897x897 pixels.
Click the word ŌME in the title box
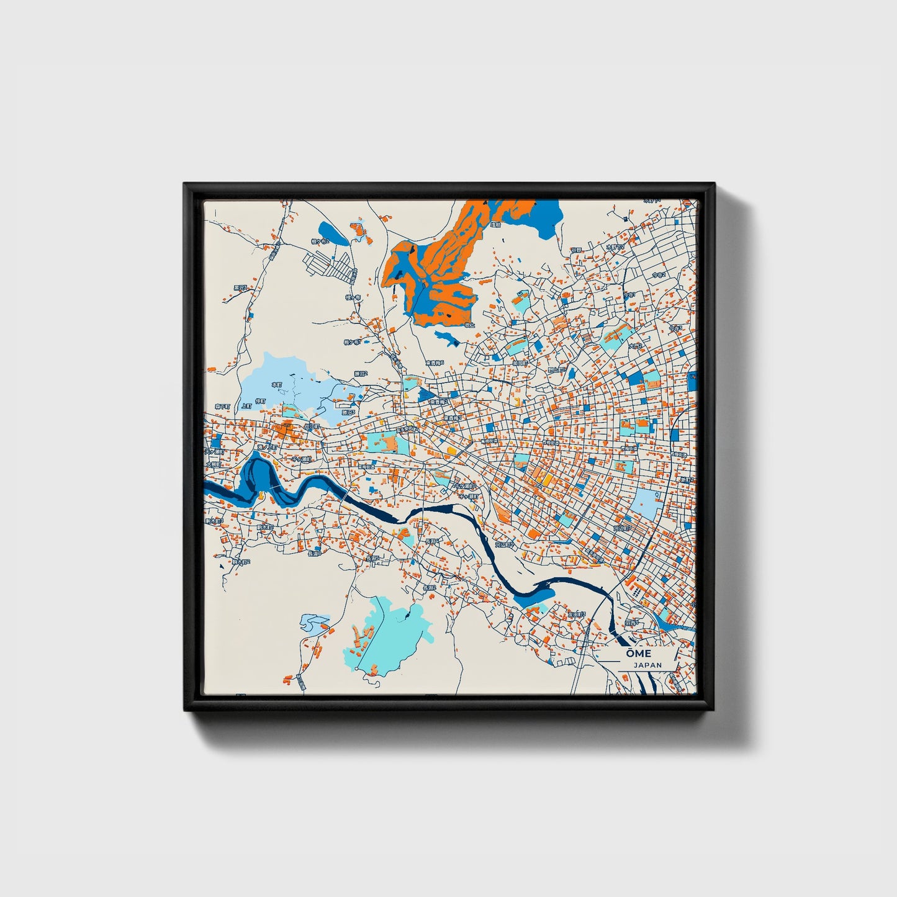pyautogui.click(x=638, y=654)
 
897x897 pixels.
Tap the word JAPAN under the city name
pyautogui.click(x=647, y=665)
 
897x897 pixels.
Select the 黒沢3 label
pyautogui.click(x=240, y=287)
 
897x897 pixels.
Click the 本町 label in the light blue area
pyautogui.click(x=277, y=385)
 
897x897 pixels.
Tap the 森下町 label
pyautogui.click(x=222, y=406)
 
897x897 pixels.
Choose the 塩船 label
pyautogui.click(x=495, y=225)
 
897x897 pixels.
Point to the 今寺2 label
pyautogui.click(x=659, y=274)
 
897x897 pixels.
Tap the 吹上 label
pyautogui.click(x=469, y=325)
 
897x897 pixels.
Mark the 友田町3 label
pyautogui.click(x=577, y=613)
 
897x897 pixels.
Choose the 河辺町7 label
pyautogui.click(x=621, y=528)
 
